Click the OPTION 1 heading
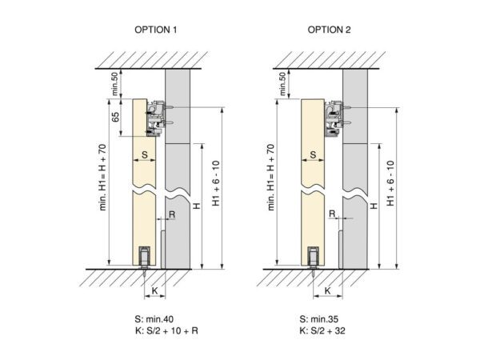click(156, 30)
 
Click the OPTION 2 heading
click(329, 30)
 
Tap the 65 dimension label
click(115, 117)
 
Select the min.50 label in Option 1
click(114, 84)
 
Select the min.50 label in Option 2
click(282, 84)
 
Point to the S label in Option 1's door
click(145, 154)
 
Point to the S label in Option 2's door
click(313, 154)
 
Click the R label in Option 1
click(172, 214)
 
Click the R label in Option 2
click(332, 214)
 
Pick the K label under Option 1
click(154, 290)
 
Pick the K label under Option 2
click(327, 290)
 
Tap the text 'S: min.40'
click(154, 319)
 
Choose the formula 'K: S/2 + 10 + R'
click(166, 330)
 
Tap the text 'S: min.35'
click(319, 319)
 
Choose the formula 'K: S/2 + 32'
click(322, 330)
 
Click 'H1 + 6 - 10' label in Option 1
click(216, 183)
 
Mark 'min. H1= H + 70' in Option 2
click(271, 177)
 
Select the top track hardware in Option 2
click(334, 119)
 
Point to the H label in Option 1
click(197, 206)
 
